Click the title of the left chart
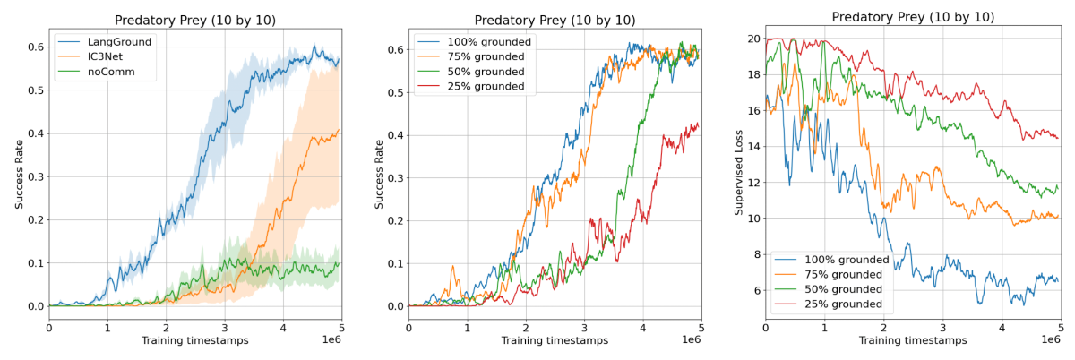tap(195, 20)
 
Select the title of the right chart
tap(912, 17)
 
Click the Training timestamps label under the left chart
tap(195, 341)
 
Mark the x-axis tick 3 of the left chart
tap(225, 328)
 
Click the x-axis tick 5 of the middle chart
tap(701, 328)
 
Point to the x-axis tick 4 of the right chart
tap(1002, 328)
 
